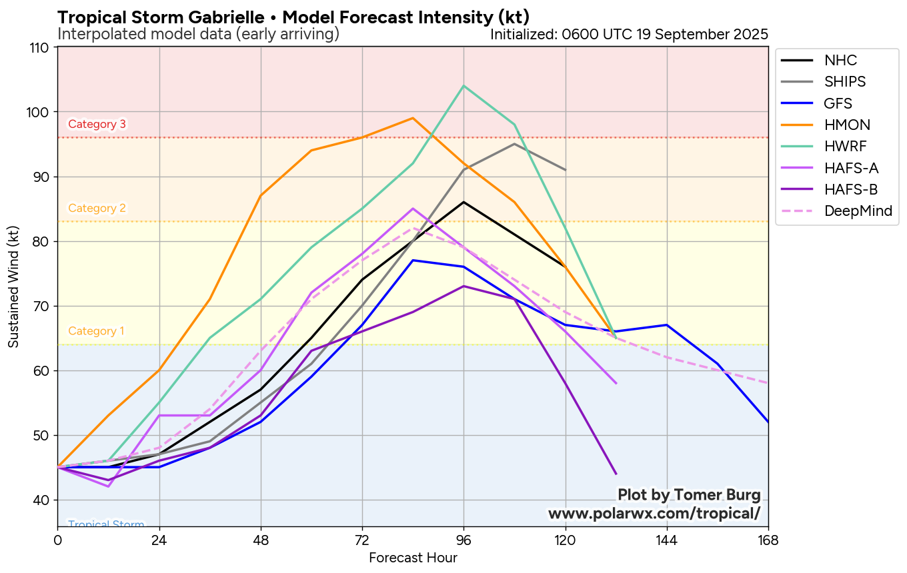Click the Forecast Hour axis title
[x=413, y=558]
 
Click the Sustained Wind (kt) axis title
[x=14, y=286]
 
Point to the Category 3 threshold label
[x=97, y=124]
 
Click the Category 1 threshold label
[x=96, y=331]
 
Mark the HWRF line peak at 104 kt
[x=464, y=86]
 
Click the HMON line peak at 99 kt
[x=413, y=118]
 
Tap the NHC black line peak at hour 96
[x=464, y=202]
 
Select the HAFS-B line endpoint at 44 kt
[x=616, y=474]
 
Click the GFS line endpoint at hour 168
[x=768, y=422]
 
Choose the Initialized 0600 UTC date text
[x=629, y=34]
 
